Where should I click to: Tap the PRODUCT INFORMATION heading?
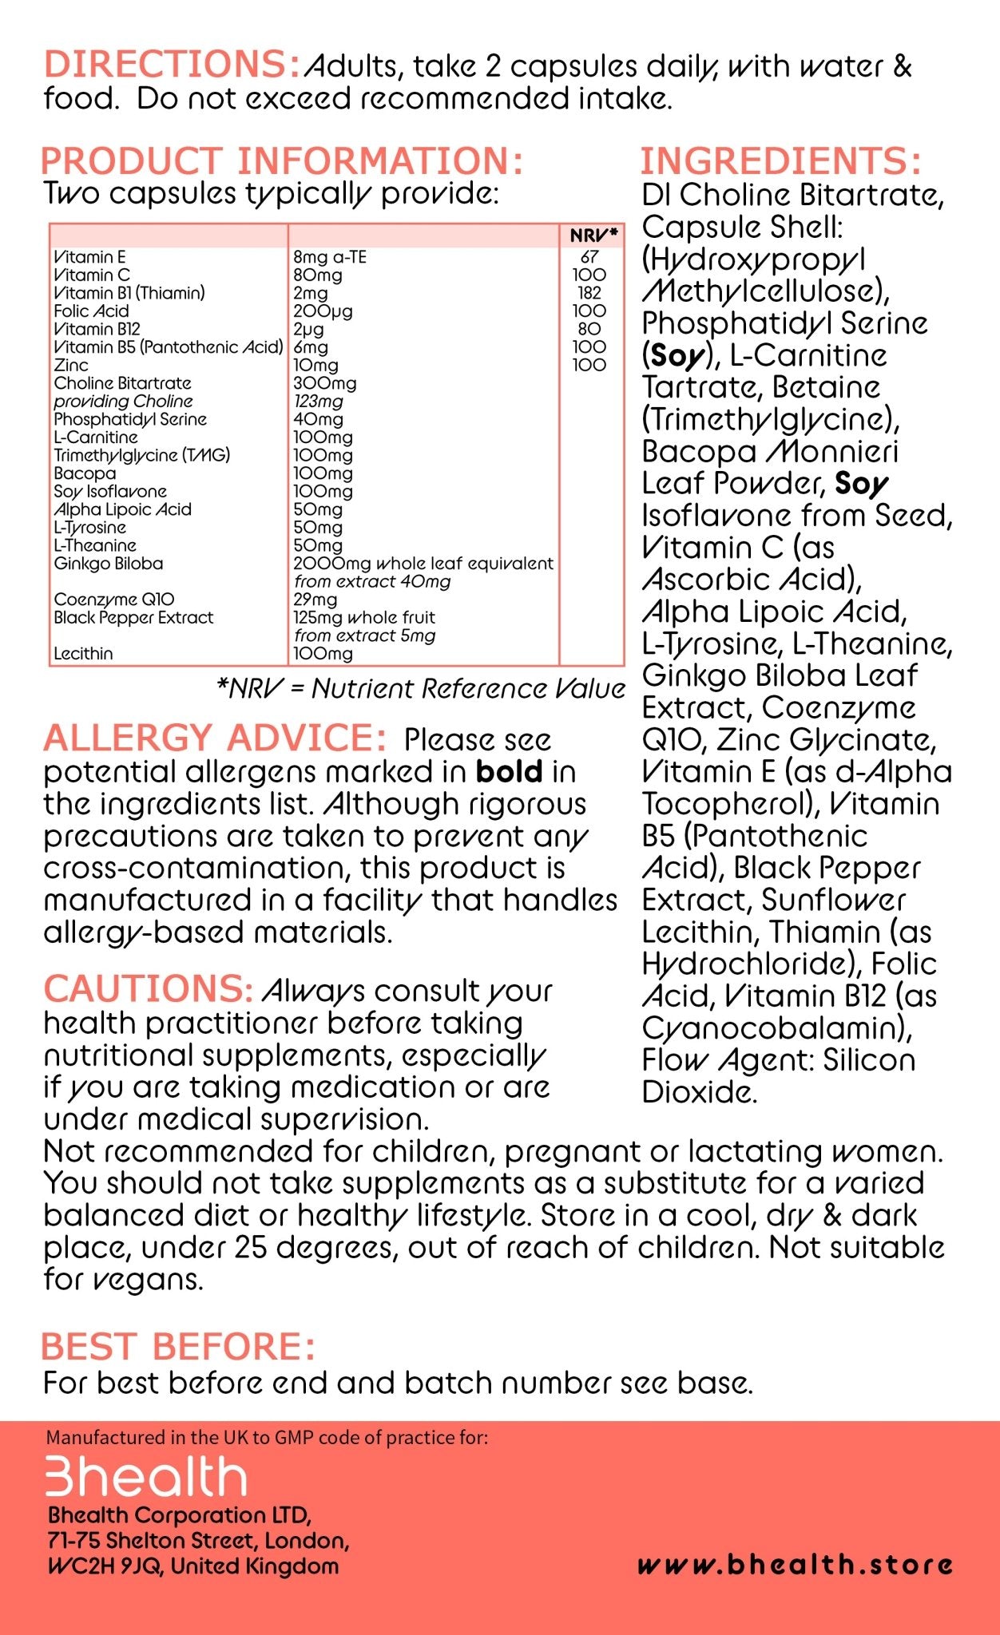coord(281,161)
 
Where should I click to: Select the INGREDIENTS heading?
coord(780,161)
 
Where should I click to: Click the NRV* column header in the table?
coord(593,236)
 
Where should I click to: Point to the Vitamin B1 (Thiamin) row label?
coord(129,293)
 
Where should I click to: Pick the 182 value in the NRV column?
coord(589,293)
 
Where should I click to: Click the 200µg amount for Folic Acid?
coord(323,311)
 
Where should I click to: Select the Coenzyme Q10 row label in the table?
coord(114,600)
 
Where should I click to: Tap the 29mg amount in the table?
coord(315,600)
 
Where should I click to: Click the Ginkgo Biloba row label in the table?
coord(109,564)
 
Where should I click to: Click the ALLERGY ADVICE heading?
coord(215,738)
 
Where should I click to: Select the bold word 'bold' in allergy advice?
coord(509,772)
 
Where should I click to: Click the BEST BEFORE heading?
coord(178,1347)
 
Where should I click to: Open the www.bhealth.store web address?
coord(795,1564)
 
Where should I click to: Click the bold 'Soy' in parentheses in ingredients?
coord(677,356)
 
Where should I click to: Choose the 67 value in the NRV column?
coord(589,257)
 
